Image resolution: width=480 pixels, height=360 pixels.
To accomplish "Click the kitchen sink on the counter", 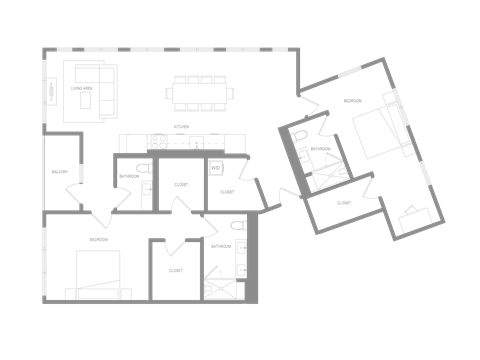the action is [197, 141].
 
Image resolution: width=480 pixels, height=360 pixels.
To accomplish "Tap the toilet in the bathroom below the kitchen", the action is [143, 166].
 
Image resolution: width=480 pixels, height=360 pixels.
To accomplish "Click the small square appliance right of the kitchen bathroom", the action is [215, 167].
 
